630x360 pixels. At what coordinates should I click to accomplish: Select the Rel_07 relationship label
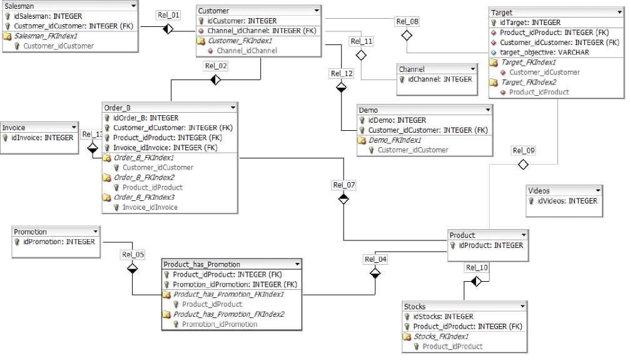(343, 185)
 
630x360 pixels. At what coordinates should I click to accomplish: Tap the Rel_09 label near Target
(524, 150)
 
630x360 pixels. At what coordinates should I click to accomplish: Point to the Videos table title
(539, 191)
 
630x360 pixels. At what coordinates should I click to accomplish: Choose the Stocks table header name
(415, 307)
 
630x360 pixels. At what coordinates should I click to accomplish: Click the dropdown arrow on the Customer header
(317, 11)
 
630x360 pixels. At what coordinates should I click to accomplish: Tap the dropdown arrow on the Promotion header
(94, 232)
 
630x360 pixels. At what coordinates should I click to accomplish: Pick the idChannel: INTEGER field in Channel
(440, 80)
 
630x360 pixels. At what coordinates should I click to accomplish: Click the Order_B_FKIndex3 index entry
(145, 197)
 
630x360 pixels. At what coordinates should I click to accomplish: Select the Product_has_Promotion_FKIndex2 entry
(228, 314)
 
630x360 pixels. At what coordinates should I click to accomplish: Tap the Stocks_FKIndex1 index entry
(440, 337)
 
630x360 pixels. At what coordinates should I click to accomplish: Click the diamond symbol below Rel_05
(132, 268)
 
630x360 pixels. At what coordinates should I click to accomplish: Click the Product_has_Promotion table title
(201, 264)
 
